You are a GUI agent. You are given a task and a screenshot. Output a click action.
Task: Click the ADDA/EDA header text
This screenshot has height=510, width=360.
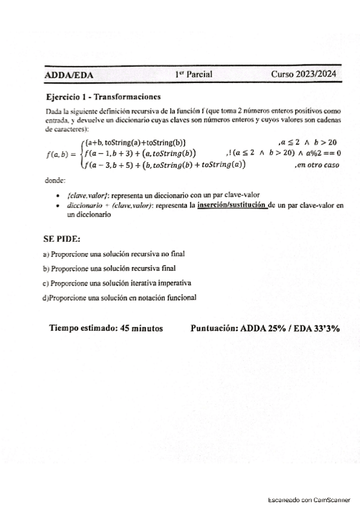tap(69, 75)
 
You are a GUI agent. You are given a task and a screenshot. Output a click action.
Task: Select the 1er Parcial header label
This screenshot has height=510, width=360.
tap(194, 75)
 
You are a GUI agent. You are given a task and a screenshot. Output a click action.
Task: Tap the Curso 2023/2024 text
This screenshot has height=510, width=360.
tap(303, 75)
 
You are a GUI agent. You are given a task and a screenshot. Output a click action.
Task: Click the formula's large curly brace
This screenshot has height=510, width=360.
tap(81, 153)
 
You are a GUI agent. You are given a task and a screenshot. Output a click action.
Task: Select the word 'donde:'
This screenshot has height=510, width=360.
tap(56, 180)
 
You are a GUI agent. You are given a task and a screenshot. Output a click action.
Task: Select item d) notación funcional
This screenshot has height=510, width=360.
tap(119, 297)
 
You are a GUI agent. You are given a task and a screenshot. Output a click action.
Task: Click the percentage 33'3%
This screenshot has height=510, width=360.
tap(325, 328)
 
